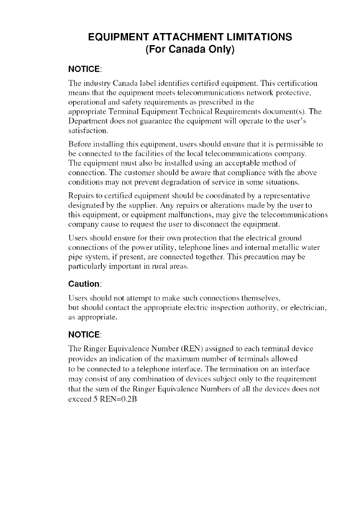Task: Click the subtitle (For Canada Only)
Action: click(x=189, y=50)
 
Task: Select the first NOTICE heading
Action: click(x=85, y=69)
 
